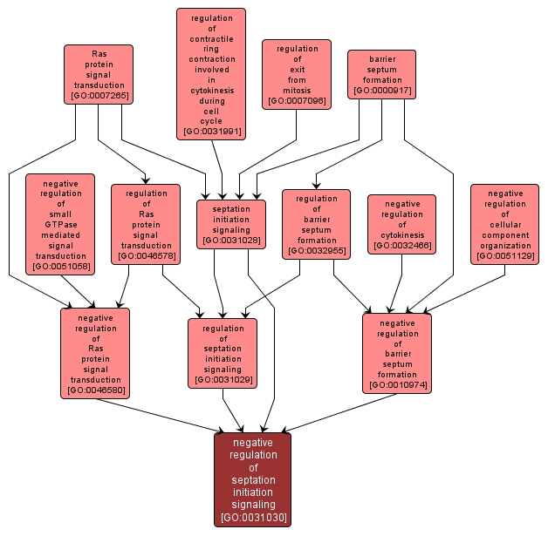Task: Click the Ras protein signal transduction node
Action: [98, 73]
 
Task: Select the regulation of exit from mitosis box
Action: [297, 74]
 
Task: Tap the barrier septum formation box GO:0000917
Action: [381, 73]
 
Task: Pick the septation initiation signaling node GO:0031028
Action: [231, 223]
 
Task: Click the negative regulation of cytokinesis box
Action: [402, 224]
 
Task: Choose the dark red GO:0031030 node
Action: [252, 479]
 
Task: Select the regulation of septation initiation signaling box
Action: [223, 353]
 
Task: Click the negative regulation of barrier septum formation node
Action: [397, 353]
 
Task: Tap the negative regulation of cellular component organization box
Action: [505, 224]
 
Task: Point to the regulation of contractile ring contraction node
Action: [211, 74]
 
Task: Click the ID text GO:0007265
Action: [98, 96]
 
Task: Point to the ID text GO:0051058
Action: [60, 267]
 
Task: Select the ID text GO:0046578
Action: [146, 255]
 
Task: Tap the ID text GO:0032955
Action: [317, 251]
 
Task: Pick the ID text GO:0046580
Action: [95, 390]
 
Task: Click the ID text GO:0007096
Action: [297, 101]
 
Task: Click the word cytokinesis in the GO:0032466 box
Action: [402, 235]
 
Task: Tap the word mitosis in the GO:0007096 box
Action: [297, 90]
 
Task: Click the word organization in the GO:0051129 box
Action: [505, 246]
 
